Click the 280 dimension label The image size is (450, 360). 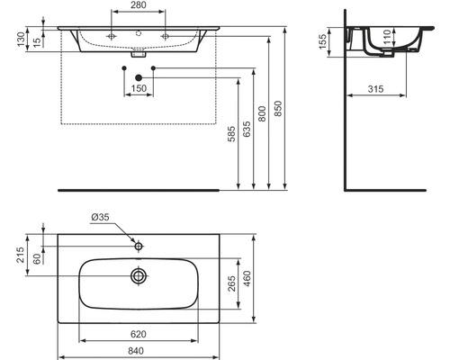[x=138, y=5]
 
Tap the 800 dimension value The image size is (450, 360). [x=262, y=113]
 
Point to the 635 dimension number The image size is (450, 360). [x=247, y=130]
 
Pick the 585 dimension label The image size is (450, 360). [x=231, y=133]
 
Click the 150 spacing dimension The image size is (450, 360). [x=139, y=88]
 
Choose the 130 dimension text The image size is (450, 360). [x=21, y=39]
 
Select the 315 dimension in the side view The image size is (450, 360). [x=375, y=89]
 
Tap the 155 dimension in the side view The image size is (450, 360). [x=322, y=41]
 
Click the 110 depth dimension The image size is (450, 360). [x=387, y=37]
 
